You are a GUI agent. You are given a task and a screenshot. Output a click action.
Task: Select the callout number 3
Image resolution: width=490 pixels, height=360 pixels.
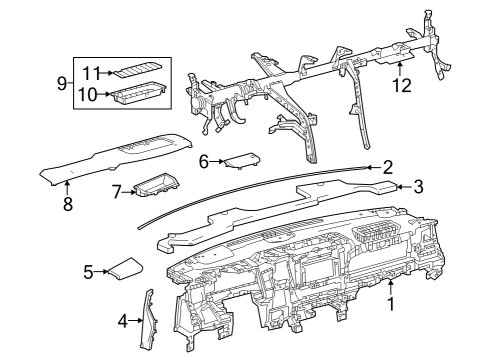click(x=419, y=185)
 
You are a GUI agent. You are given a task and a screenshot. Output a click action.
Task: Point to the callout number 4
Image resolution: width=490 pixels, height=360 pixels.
click(x=122, y=320)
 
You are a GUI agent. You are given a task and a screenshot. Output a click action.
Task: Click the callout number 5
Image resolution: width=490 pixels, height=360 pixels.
click(x=88, y=272)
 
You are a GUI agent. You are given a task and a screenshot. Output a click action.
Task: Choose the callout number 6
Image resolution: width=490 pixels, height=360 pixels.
click(x=204, y=160)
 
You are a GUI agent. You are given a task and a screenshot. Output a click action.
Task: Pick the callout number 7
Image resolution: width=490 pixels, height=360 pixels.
click(x=116, y=190)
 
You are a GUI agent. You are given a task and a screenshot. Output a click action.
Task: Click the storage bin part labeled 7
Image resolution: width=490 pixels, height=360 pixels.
click(x=155, y=185)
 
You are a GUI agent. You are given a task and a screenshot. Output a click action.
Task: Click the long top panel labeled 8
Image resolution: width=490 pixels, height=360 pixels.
click(x=120, y=155)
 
